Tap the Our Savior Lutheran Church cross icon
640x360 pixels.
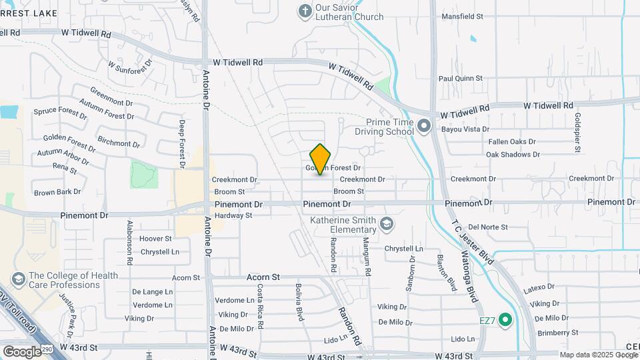(305, 11)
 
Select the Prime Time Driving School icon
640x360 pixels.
(423, 126)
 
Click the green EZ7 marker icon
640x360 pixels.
(505, 321)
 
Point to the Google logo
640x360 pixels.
(21, 351)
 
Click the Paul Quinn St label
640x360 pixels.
(460, 79)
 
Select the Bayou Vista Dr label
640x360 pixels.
(465, 129)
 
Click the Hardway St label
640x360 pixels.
(233, 215)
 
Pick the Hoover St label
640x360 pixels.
(155, 238)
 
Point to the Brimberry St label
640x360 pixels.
(559, 332)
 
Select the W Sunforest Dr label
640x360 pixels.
(130, 65)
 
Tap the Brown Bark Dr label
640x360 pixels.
(57, 192)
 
